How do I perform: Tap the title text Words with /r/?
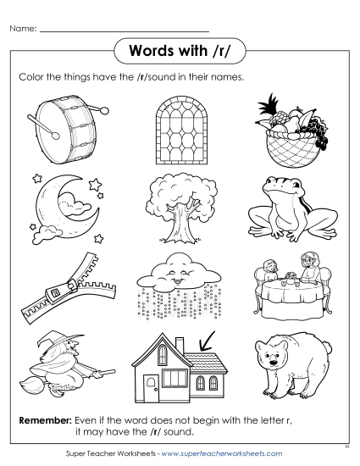180,51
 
